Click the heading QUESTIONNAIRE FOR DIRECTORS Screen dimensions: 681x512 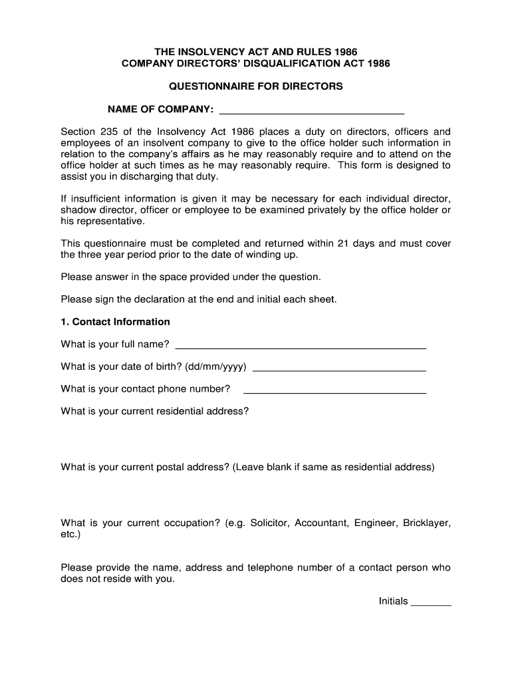pyautogui.click(x=256, y=86)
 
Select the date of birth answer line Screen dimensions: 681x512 pyautogui.click(x=339, y=370)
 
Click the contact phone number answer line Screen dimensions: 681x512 pyautogui.click(x=335, y=392)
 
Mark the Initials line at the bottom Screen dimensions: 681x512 pyautogui.click(x=431, y=605)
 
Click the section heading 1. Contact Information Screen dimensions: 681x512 pyautogui.click(x=115, y=322)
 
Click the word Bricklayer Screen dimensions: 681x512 pyautogui.click(x=426, y=523)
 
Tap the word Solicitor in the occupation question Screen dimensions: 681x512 pyautogui.click(x=269, y=523)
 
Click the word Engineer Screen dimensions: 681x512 pyautogui.click(x=375, y=523)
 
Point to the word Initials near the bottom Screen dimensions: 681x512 pyautogui.click(x=393, y=601)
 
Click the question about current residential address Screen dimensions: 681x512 pyautogui.click(x=154, y=411)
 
